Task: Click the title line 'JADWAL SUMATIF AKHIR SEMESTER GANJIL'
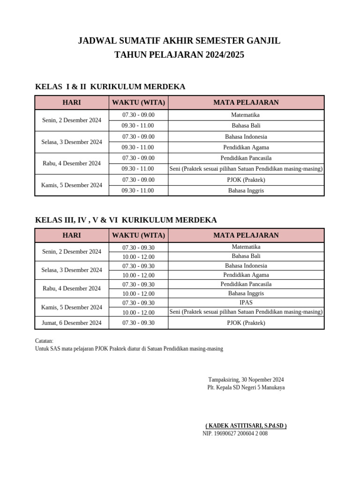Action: point(180,41)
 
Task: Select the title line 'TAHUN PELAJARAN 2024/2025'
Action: point(180,55)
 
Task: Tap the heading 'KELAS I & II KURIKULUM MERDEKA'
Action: point(110,87)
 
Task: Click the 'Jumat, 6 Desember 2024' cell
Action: point(72,323)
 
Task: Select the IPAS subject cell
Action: point(246,303)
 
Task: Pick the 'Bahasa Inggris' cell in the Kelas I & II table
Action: point(246,191)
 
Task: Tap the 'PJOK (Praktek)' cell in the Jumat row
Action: point(246,323)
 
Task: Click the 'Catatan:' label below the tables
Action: point(45,341)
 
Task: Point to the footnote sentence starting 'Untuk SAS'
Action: point(129,349)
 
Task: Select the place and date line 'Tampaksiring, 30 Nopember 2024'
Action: point(246,380)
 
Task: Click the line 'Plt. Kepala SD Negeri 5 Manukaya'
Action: point(246,388)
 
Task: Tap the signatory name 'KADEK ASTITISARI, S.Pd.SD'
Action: point(246,426)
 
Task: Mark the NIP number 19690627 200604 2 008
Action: point(235,434)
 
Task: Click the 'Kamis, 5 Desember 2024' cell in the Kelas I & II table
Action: point(72,185)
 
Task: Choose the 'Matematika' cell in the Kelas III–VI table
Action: point(246,247)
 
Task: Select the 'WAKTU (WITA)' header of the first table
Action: point(138,102)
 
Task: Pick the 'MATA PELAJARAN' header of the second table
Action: point(246,235)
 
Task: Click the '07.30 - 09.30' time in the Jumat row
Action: point(138,323)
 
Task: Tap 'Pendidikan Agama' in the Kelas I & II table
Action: point(246,147)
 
